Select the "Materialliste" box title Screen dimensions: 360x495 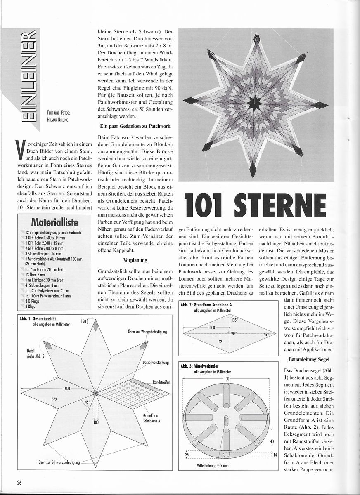(x=54, y=222)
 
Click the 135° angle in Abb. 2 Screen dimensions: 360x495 (x=234, y=320)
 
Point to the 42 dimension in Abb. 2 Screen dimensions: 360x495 (x=220, y=342)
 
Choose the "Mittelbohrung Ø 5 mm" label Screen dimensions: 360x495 (x=213, y=466)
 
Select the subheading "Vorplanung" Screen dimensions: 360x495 (x=135, y=260)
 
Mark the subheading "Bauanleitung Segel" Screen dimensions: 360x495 (x=309, y=359)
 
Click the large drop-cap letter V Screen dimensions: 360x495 (x=20, y=150)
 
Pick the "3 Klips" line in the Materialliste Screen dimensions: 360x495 (x=30, y=306)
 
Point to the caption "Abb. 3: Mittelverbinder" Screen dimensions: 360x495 (x=199, y=366)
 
